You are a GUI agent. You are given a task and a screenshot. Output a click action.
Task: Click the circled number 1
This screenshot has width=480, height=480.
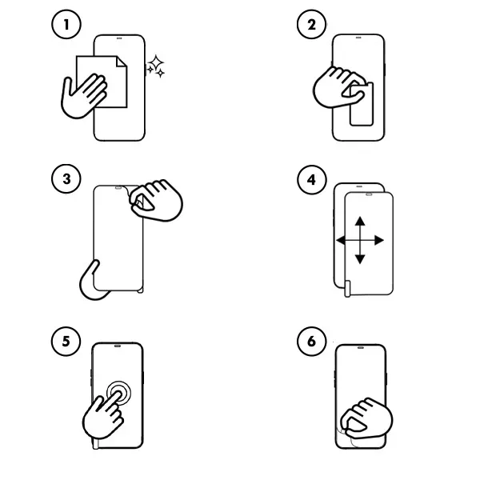click(x=66, y=25)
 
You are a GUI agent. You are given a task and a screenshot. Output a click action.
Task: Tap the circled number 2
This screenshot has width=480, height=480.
click(x=310, y=25)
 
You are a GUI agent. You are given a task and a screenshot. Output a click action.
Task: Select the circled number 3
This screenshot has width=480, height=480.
click(x=66, y=178)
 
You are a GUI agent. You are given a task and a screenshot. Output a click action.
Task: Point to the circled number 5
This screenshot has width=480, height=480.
click(x=66, y=342)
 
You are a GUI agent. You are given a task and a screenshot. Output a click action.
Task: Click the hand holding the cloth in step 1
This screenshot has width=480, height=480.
click(x=84, y=94)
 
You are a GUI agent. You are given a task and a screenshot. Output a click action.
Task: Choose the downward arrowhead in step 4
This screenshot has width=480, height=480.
click(x=359, y=259)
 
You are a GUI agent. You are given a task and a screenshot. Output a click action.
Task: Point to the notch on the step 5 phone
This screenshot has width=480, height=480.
click(x=118, y=347)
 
